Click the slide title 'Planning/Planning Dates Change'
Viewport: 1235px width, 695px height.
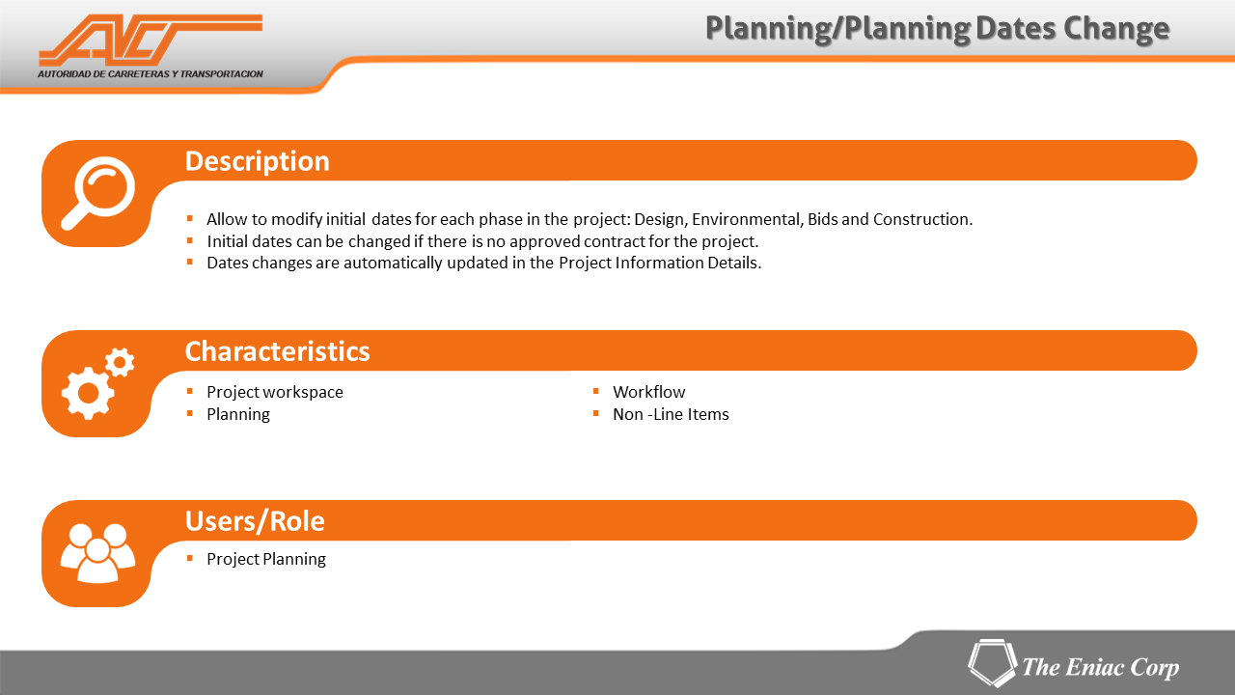(x=937, y=29)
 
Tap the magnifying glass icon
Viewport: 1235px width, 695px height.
(x=98, y=193)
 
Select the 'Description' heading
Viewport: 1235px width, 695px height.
(x=257, y=161)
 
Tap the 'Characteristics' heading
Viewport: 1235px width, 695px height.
(x=277, y=351)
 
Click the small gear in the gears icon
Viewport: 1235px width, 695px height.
(x=120, y=362)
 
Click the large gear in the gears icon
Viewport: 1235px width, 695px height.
(x=88, y=393)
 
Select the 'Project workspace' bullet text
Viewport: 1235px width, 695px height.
(x=275, y=392)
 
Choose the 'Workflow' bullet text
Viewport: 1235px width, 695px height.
(x=649, y=392)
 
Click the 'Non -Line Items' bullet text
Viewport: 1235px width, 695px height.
(x=671, y=414)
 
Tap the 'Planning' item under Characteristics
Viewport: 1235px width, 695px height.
(x=238, y=415)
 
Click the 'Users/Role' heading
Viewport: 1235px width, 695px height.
(x=255, y=521)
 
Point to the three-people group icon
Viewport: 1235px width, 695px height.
(x=98, y=553)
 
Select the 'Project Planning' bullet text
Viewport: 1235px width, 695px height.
(x=266, y=559)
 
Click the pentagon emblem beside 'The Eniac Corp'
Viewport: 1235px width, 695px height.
(x=993, y=663)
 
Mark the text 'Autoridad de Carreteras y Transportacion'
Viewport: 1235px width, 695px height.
(x=150, y=74)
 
